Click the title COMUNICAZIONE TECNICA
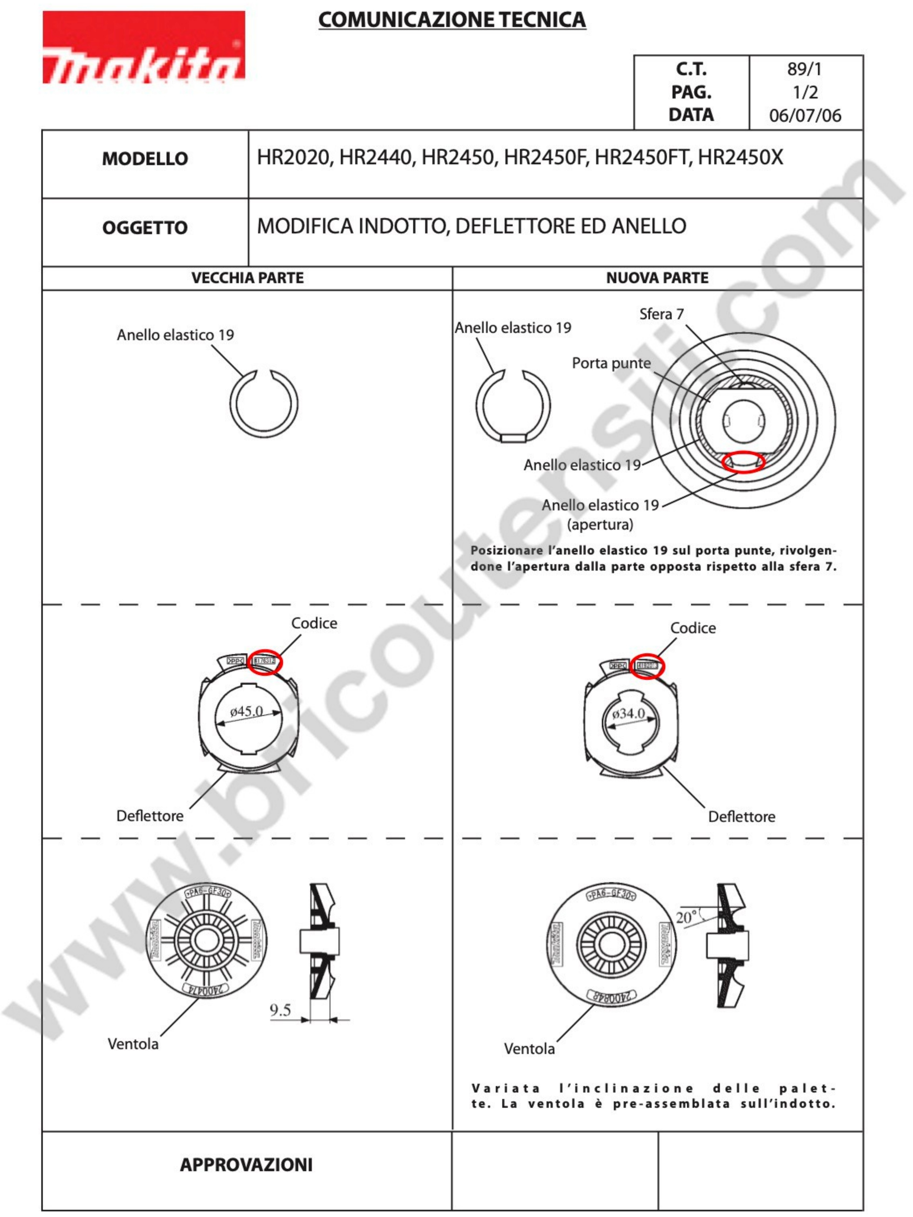tap(452, 20)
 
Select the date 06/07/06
tap(805, 116)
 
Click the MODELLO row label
tap(145, 159)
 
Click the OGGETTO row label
tap(145, 228)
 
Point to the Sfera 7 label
tap(661, 314)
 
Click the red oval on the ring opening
tap(743, 461)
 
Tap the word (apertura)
tap(600, 524)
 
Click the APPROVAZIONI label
tap(246, 1165)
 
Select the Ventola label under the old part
tap(133, 1044)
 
